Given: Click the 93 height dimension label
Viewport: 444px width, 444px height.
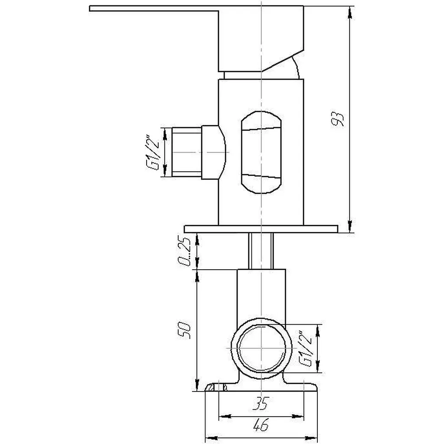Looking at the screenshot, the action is (x=338, y=119).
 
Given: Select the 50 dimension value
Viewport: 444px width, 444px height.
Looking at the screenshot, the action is (x=184, y=330).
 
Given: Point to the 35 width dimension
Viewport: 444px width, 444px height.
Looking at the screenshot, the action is (x=261, y=403).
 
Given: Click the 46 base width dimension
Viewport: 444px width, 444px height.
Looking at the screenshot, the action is (x=261, y=425).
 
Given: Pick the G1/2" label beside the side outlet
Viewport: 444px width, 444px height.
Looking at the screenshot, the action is (x=153, y=152).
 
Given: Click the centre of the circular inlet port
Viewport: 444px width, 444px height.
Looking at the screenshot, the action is (x=261, y=348).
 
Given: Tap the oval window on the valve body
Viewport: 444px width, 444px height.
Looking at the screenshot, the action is (x=261, y=152).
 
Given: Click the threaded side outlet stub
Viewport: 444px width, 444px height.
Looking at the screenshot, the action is (x=187, y=152).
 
